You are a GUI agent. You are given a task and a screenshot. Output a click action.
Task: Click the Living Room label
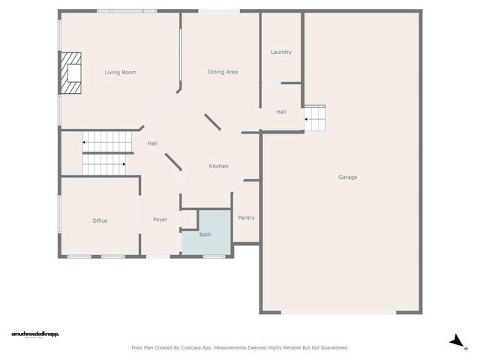point(120,73)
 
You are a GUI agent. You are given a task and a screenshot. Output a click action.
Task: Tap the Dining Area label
point(223,72)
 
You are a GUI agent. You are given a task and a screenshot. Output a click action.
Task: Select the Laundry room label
point(281,52)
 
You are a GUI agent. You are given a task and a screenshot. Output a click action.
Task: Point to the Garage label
point(347,178)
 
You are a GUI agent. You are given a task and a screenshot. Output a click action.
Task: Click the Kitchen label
point(218,166)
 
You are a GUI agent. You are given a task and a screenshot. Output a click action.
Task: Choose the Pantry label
point(246,218)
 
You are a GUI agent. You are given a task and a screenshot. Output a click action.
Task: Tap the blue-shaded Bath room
point(205,233)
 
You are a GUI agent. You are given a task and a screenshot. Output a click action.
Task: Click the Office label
point(100,221)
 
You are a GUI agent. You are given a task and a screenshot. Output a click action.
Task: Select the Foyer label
point(160,220)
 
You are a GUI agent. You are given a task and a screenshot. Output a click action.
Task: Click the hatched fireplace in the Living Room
point(72,73)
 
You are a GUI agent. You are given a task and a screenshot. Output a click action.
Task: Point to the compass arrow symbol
point(454,340)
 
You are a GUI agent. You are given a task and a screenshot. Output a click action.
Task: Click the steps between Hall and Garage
point(315,118)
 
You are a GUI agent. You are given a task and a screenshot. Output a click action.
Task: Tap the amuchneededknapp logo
point(35,334)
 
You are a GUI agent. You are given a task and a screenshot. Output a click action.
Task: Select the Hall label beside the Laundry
point(281,112)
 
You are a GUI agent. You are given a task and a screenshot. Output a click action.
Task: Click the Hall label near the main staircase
point(152,143)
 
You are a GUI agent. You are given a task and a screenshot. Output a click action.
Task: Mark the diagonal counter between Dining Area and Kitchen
point(212,122)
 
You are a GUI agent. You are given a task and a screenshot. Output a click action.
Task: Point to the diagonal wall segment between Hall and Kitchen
point(173,160)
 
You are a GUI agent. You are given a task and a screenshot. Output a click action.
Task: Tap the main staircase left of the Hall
point(104,153)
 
